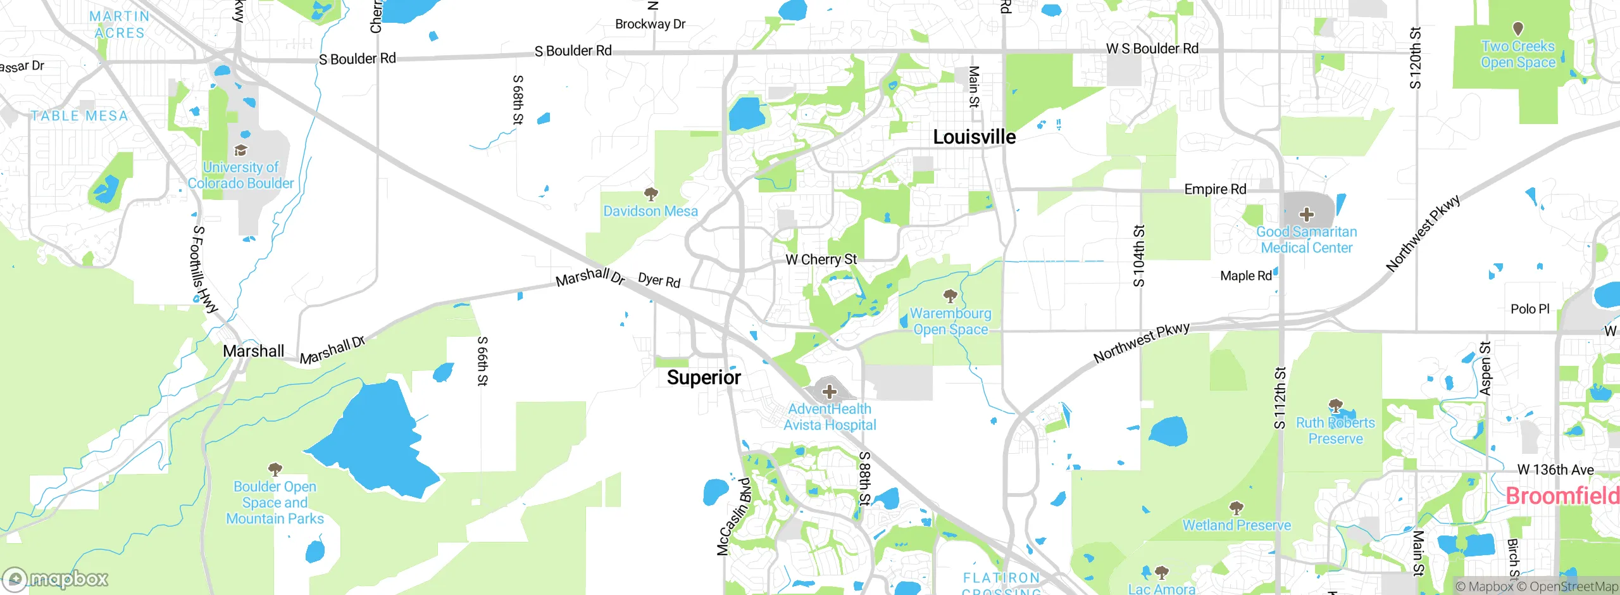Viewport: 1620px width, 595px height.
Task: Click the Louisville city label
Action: (975, 137)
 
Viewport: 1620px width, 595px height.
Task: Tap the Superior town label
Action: (704, 378)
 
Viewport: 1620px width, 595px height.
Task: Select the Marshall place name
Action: (253, 351)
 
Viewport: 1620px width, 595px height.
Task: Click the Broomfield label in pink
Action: (1562, 496)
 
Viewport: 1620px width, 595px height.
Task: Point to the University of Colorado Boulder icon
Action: (240, 151)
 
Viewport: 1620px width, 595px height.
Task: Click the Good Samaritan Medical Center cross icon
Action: (1307, 214)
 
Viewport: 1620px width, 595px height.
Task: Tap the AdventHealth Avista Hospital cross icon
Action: (829, 392)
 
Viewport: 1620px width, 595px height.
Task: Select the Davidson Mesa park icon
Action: (651, 194)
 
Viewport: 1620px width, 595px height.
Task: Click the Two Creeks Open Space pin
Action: (1517, 29)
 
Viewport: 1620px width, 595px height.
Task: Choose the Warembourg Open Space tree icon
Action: (950, 296)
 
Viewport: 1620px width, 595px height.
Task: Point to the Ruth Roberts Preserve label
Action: (1335, 430)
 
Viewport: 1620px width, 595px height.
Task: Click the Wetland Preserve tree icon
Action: (1236, 508)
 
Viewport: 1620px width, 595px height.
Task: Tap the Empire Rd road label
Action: (1215, 189)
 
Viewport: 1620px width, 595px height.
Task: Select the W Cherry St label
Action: (821, 260)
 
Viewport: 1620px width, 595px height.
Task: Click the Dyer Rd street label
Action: (659, 280)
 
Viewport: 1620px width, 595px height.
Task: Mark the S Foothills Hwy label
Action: (204, 269)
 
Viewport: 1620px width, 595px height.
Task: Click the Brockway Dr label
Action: (650, 24)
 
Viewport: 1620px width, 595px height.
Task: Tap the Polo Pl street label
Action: (1530, 309)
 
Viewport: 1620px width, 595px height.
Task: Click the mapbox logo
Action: (56, 579)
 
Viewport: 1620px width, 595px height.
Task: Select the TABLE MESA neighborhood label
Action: (80, 116)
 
